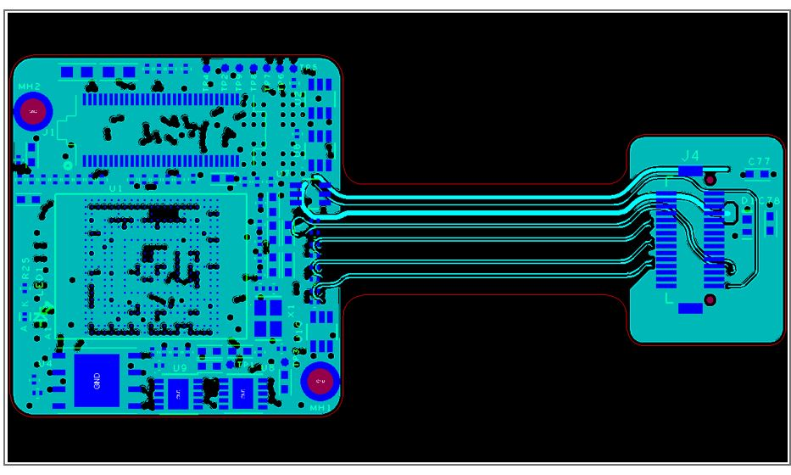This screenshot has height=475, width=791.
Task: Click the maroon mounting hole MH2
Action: pos(33,111)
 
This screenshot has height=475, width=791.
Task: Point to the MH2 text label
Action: pos(29,87)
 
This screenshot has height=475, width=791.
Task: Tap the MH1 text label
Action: pos(320,408)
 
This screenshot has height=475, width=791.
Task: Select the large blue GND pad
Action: pos(96,381)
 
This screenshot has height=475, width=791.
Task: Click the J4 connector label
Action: pos(691,156)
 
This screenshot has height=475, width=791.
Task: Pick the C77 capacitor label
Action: pos(759,161)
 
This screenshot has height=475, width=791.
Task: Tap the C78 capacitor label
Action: pos(769,201)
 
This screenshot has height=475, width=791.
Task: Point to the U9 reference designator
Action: pos(179,368)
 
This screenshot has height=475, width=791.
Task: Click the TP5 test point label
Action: pos(309,68)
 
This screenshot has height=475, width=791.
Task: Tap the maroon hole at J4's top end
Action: pos(710,180)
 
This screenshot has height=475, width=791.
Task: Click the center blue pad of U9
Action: pos(179,392)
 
